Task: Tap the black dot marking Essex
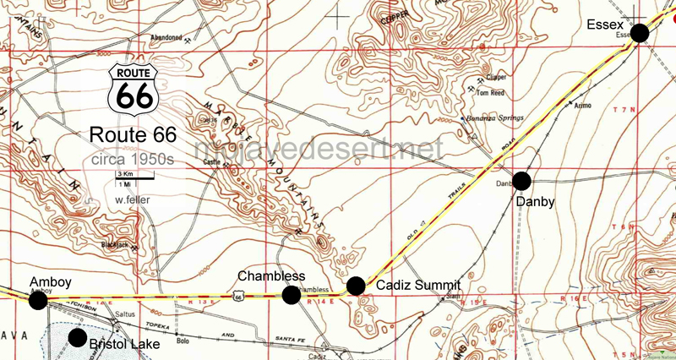(640, 33)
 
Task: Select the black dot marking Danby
(521, 180)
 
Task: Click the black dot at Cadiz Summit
(356, 286)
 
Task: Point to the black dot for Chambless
(292, 294)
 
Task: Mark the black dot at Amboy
(38, 300)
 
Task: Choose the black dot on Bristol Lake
(78, 338)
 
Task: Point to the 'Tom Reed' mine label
(491, 93)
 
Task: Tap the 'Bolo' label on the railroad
(181, 341)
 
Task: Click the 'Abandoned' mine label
(166, 37)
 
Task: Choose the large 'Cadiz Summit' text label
(417, 285)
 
